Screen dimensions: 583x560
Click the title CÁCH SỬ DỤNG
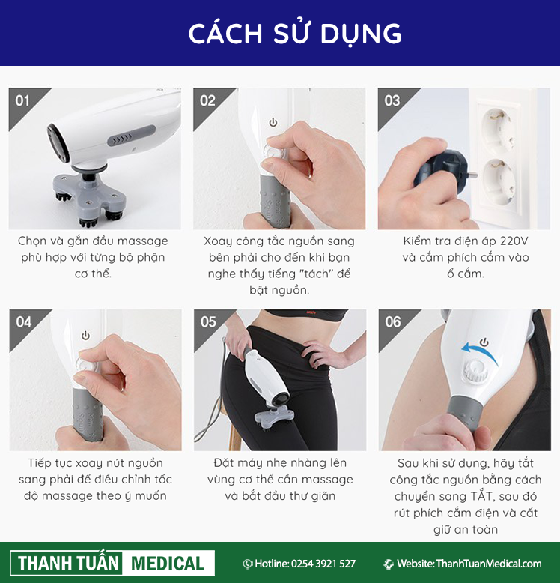coord(294,34)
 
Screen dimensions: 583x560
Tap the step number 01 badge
coord(23,100)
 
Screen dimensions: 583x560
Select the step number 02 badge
coord(207,100)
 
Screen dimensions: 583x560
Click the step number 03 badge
coord(392,100)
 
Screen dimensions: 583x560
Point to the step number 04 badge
coord(23,321)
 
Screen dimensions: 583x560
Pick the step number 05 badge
coord(207,321)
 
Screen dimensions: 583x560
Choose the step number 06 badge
coord(392,321)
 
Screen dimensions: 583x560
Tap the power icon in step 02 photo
coord(273,122)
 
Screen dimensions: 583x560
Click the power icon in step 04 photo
coord(85,336)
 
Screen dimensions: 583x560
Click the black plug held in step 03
coord(445,169)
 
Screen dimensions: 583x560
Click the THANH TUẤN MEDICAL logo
coord(112,563)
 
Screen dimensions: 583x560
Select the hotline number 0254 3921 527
coord(323,564)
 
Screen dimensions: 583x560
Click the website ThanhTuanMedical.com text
coord(478,564)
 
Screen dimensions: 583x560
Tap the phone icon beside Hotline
coord(247,564)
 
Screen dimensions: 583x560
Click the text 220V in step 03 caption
coord(512,241)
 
